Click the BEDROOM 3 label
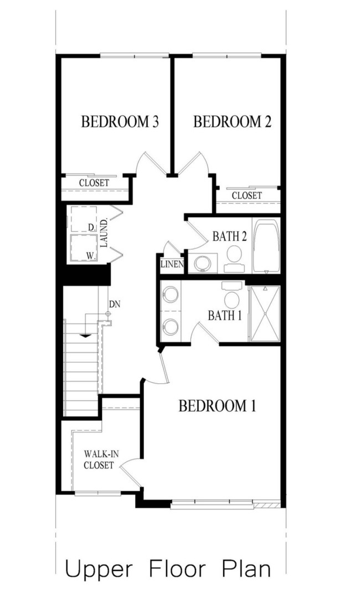[x=120, y=122]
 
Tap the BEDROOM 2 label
[x=232, y=122]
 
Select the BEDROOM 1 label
[x=217, y=406]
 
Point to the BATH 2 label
[x=229, y=236]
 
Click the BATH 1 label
[x=224, y=315]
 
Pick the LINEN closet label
[x=172, y=265]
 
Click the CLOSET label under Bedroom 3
[x=94, y=183]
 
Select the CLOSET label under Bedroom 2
[x=246, y=195]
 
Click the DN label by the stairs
[x=115, y=304]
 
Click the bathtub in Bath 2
[x=266, y=245]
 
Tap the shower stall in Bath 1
[x=264, y=313]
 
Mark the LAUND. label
[x=104, y=233]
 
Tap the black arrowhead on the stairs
[x=85, y=335]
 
